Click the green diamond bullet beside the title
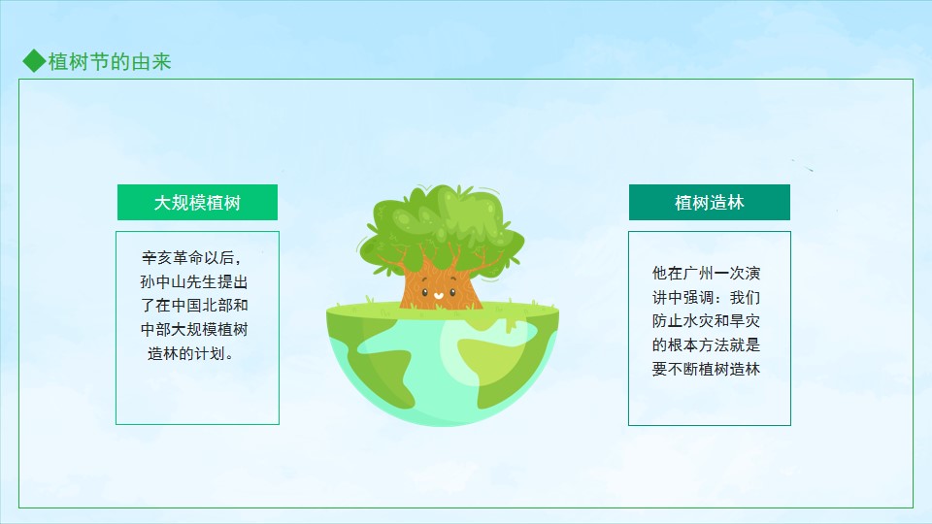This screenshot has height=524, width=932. [x=34, y=61]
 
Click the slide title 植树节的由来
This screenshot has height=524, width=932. [x=110, y=62]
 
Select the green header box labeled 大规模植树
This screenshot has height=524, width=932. [x=197, y=203]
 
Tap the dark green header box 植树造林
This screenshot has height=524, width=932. [x=710, y=203]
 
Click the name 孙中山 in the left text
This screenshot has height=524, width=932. [x=163, y=281]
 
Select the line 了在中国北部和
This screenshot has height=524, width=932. [x=194, y=306]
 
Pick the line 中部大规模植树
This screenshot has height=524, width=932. [x=194, y=329]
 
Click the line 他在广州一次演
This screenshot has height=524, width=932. [x=706, y=274]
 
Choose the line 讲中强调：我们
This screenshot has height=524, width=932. [x=706, y=297]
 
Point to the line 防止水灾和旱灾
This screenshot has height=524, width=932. [x=706, y=321]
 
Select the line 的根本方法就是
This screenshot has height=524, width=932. [x=706, y=345]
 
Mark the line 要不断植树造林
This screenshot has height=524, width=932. [x=706, y=369]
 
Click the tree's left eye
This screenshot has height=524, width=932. [x=425, y=292]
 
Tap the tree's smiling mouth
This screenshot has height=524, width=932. [x=438, y=295]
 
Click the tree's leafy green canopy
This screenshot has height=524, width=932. [x=441, y=229]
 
